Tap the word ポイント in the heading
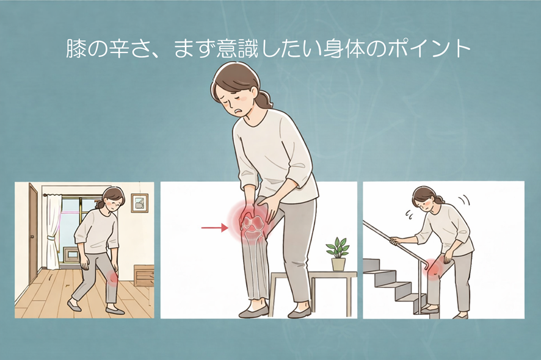click(x=429, y=49)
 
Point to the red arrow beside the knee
click(x=214, y=228)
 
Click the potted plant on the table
click(x=338, y=254)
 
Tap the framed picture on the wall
click(x=139, y=203)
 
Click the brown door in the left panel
click(x=33, y=234)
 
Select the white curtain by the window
click(x=54, y=232)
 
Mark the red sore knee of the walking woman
click(x=112, y=276)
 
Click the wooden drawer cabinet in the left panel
click(x=143, y=276)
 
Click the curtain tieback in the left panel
click(x=51, y=239)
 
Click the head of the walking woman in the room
click(x=113, y=199)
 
